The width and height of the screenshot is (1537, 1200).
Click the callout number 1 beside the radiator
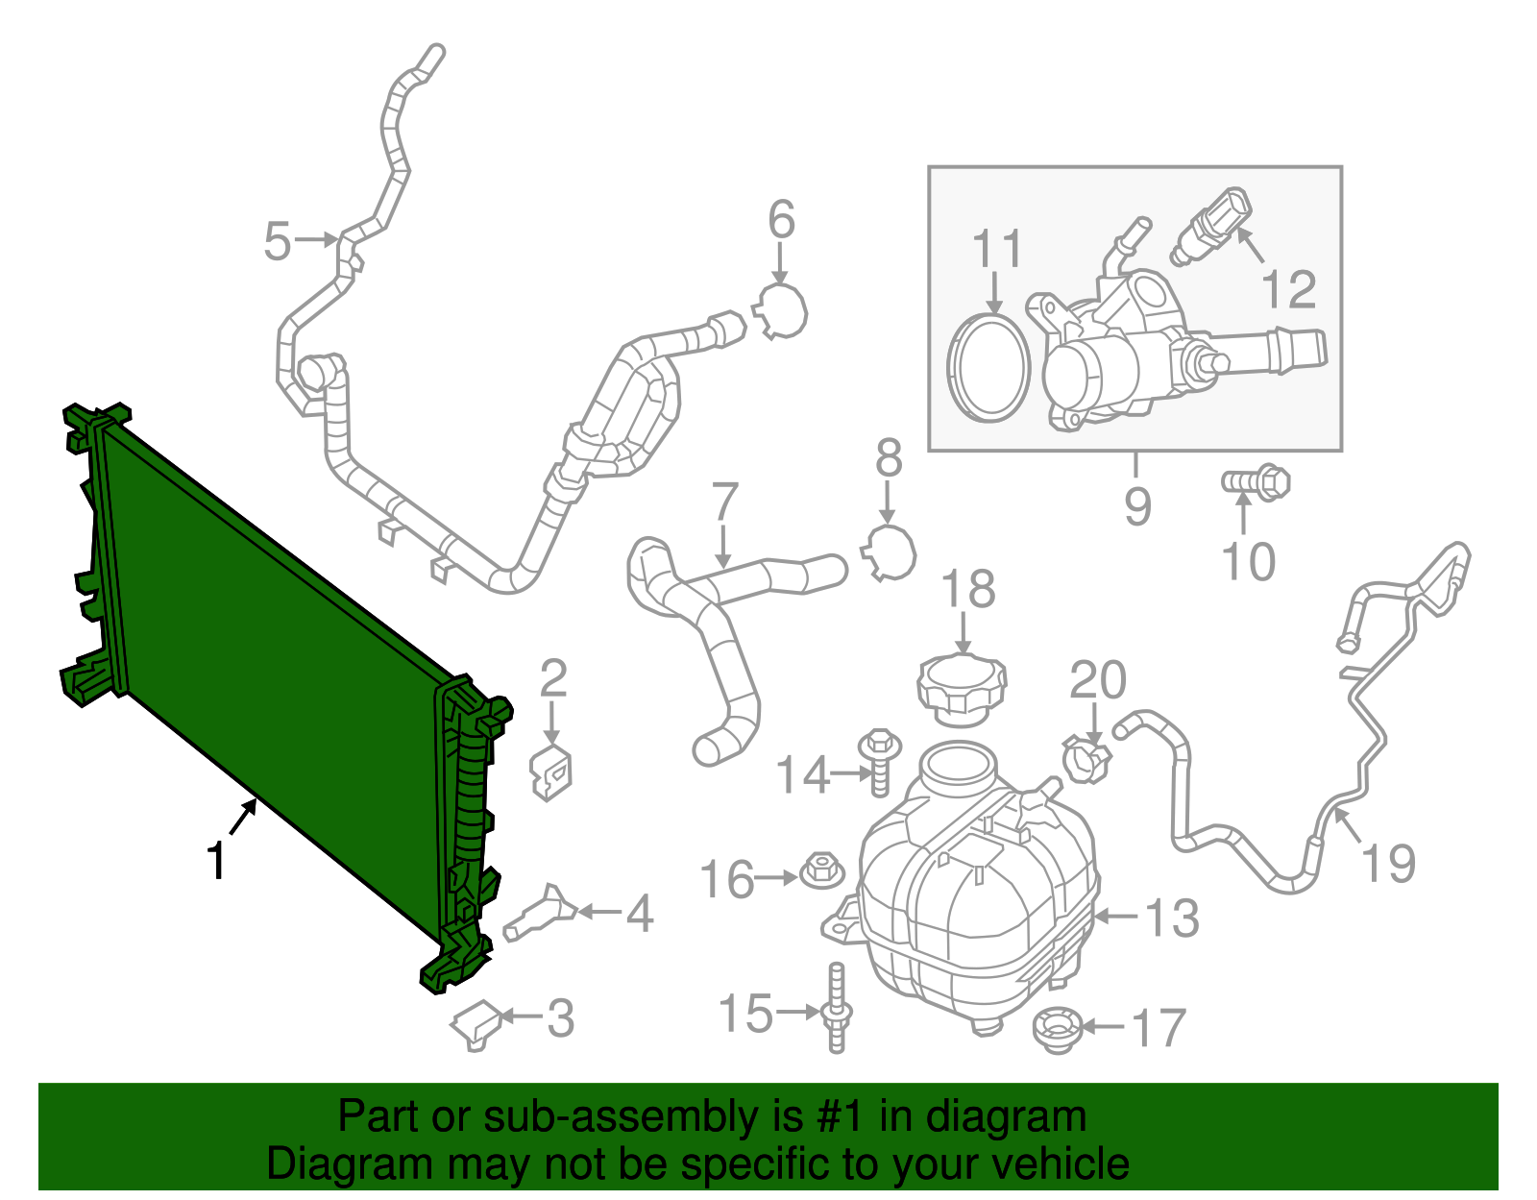(217, 860)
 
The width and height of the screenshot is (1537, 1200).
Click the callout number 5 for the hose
(277, 240)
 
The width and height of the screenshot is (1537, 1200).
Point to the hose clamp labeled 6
(783, 311)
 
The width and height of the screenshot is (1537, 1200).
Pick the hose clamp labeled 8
(890, 553)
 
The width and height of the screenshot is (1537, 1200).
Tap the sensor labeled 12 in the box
(1212, 225)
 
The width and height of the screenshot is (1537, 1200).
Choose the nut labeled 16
(819, 871)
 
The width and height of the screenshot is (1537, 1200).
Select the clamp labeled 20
(1086, 758)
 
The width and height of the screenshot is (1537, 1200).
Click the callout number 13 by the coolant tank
(1171, 918)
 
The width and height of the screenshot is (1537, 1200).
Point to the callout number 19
(1389, 862)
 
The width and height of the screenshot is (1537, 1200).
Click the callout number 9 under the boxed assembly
(1137, 505)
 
